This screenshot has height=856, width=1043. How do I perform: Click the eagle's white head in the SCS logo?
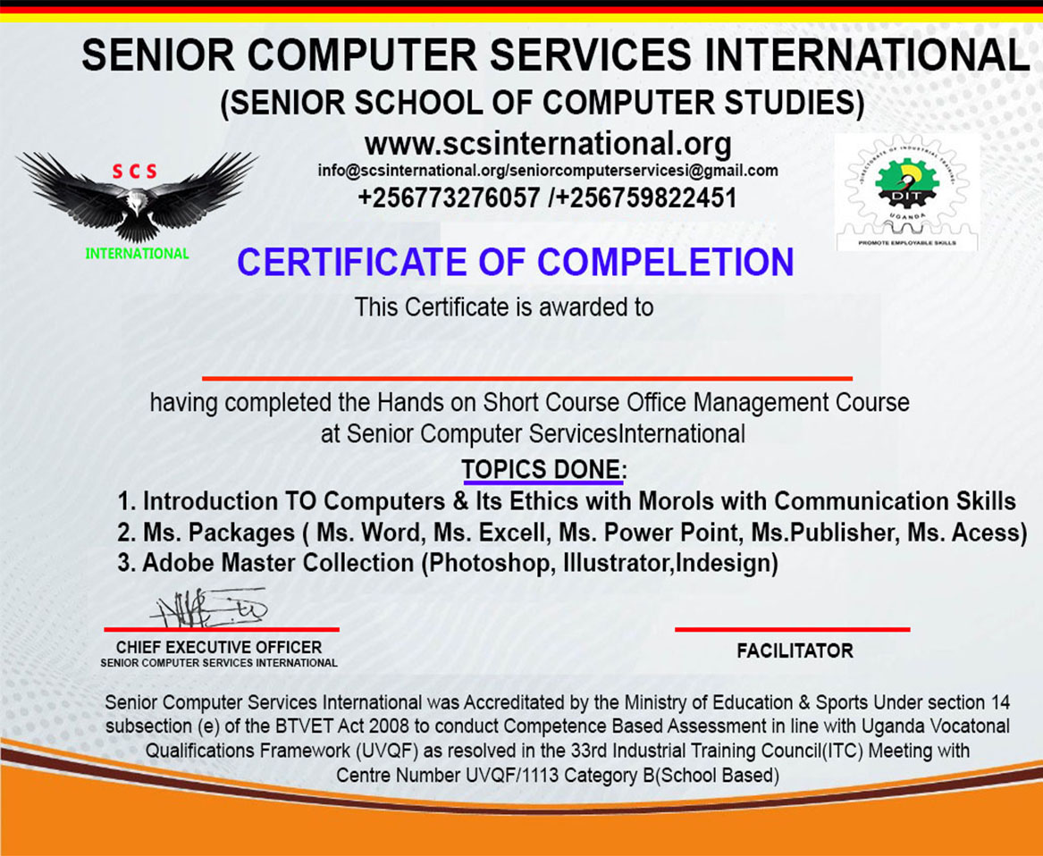click(x=137, y=202)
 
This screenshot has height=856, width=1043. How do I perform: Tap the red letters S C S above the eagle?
click(x=134, y=172)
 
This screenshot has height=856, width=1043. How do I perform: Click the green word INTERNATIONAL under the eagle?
click(x=137, y=254)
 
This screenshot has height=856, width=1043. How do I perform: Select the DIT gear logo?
click(x=906, y=191)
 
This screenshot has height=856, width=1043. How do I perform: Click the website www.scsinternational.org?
click(x=548, y=143)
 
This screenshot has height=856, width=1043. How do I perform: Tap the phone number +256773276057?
click(x=449, y=198)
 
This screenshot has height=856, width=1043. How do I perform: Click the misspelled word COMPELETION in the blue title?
click(x=665, y=262)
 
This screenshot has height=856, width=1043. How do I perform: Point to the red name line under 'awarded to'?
click(x=526, y=379)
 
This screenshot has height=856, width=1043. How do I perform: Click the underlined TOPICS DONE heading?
click(x=542, y=470)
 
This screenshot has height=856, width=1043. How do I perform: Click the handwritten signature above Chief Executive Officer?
click(x=212, y=608)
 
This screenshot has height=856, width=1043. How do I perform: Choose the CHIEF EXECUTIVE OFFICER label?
click(x=219, y=647)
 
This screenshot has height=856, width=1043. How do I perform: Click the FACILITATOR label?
click(x=795, y=650)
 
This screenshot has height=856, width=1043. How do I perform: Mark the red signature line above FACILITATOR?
click(x=792, y=629)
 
